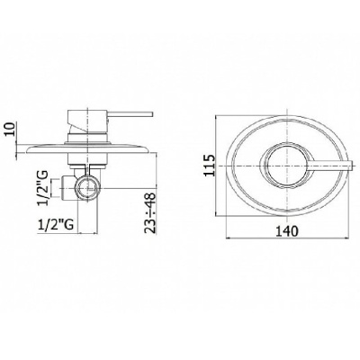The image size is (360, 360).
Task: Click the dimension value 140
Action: tap(286, 231)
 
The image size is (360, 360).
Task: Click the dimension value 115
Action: tap(209, 166)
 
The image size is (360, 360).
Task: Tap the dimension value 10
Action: tap(11, 130)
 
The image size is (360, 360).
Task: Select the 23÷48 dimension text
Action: tap(149, 212)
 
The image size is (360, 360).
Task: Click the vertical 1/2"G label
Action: tap(43, 188)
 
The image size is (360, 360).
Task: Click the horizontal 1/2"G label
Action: tap(56, 224)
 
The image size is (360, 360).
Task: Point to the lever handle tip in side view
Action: tap(153, 114)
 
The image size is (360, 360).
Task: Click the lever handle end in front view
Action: tap(352, 166)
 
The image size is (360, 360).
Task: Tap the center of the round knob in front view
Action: tap(287, 166)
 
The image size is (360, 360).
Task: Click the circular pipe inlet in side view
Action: tap(87, 188)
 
